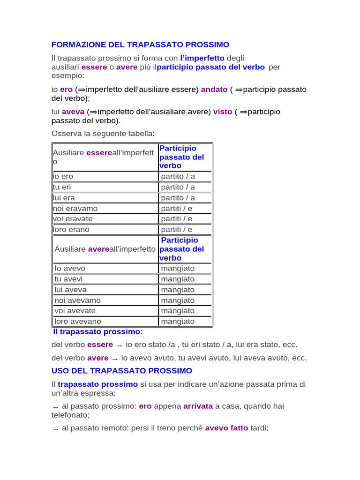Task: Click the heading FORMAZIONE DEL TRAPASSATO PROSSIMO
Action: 140,45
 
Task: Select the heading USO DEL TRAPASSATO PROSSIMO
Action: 121,371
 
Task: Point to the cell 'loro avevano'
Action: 78,322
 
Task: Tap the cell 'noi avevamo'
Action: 77,300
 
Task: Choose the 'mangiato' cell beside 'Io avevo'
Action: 178,269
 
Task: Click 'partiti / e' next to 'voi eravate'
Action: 177,219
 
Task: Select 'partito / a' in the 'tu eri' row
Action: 178,187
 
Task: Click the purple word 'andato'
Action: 214,90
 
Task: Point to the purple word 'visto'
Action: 223,112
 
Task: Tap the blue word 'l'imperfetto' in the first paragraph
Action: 202,59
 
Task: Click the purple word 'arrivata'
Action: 198,406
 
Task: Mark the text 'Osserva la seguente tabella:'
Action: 103,134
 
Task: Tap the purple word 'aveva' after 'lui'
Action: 73,112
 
